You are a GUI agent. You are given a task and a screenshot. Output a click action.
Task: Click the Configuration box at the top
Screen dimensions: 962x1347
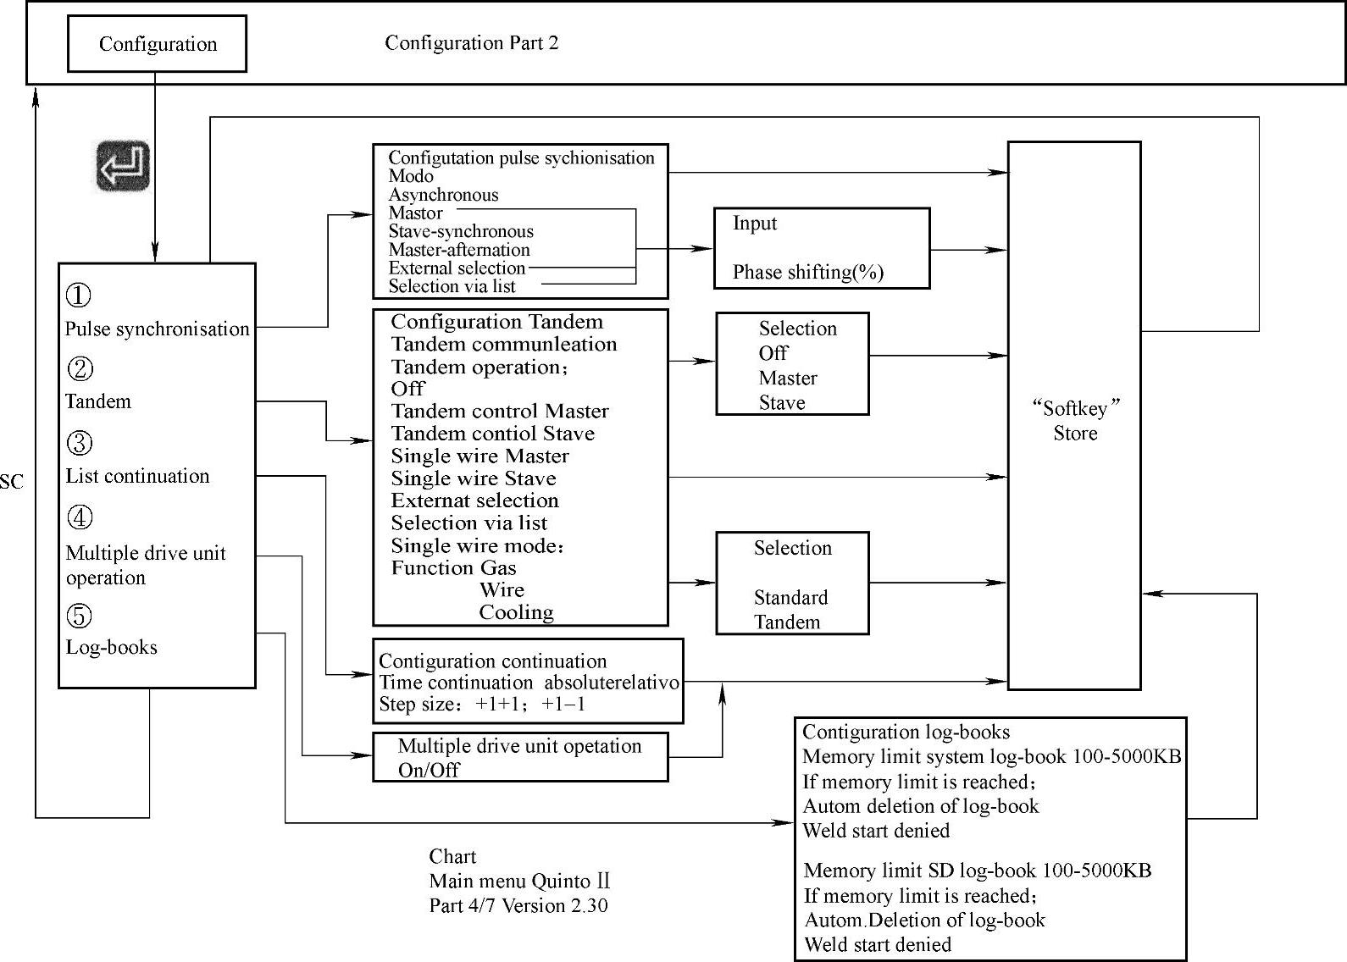pos(158,44)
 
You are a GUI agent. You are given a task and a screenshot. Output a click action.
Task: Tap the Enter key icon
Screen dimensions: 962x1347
pos(123,166)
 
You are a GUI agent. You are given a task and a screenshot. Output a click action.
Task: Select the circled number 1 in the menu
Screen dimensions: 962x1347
pos(79,296)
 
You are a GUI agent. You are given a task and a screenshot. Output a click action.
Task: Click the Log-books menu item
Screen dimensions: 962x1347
pos(112,647)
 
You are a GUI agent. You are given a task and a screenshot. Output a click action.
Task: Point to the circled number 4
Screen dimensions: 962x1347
pos(79,517)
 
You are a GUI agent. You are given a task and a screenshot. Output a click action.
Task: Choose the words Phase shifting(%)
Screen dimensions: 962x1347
pos(807,272)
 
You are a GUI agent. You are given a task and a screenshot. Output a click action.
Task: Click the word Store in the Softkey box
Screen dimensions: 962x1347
pos(1075,434)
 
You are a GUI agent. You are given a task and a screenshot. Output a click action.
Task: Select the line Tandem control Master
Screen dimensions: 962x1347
pos(500,412)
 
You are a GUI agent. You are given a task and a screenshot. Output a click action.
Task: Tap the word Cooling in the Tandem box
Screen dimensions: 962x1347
pos(516,612)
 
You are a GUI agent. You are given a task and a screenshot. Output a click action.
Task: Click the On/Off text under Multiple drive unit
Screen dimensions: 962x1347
pos(429,770)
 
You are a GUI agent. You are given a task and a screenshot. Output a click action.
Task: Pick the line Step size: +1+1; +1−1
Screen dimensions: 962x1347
pos(482,705)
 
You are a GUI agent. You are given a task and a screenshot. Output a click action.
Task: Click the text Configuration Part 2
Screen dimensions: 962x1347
pos(472,43)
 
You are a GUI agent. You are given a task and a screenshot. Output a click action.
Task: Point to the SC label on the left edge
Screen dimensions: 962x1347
pos(12,483)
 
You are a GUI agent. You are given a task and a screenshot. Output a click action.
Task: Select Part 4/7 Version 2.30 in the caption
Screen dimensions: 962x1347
pos(518,905)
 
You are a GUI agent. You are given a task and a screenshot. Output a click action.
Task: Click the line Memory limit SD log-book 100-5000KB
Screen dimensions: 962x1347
pos(977,871)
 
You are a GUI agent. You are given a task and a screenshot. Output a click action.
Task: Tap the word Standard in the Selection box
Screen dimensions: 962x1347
pos(790,598)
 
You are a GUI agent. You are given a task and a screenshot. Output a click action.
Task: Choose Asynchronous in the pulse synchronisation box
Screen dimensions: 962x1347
pos(443,195)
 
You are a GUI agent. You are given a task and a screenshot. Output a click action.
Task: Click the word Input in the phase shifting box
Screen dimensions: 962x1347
pos(754,224)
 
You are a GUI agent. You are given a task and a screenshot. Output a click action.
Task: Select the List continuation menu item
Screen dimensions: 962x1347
pos(137,476)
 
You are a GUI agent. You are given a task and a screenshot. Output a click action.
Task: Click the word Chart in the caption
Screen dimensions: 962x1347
pos(452,856)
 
